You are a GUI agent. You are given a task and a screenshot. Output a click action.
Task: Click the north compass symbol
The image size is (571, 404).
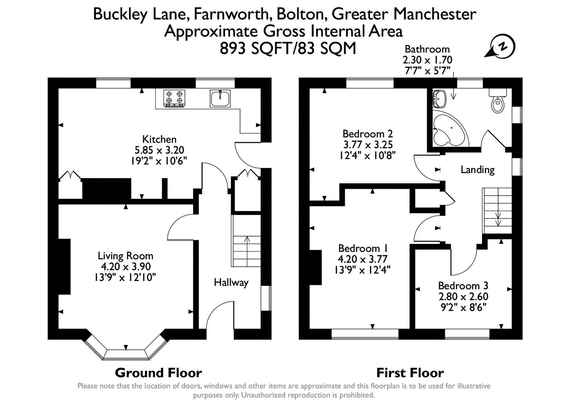coord(503,47)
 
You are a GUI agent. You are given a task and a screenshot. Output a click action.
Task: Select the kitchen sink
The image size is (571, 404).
coord(220,98)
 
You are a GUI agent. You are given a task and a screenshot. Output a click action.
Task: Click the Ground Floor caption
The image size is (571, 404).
coord(158,373)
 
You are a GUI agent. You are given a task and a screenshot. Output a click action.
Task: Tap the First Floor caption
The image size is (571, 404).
coord(410,373)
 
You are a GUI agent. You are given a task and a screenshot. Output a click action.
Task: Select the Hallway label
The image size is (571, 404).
coord(231,282)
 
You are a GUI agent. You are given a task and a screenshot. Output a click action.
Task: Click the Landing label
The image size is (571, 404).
coord(478,169)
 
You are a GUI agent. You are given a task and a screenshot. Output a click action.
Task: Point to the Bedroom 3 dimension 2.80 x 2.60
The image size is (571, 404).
coord(463,297)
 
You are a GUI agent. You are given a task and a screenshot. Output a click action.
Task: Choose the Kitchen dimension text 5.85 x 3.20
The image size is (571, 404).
coord(159,150)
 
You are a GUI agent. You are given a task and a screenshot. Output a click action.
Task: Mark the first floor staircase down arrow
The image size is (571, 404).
coord(498,219)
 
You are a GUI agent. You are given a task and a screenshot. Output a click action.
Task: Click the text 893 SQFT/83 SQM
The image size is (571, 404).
coord(288,49)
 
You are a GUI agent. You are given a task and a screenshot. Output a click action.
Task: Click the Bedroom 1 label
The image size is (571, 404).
coord(363,248)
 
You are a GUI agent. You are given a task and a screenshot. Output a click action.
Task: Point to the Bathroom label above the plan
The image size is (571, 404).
coord(427,49)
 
